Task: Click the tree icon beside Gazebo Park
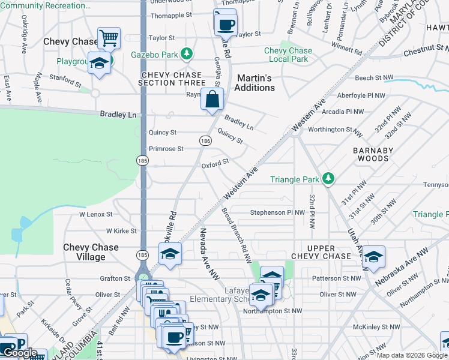[x=187, y=55]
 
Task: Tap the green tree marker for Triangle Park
[x=328, y=179]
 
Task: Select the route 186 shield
[x=205, y=140]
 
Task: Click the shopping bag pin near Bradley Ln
[x=212, y=100]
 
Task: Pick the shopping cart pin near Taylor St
[x=109, y=39]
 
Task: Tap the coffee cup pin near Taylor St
[x=226, y=25]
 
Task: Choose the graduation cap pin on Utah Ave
[x=373, y=257]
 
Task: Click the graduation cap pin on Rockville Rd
[x=170, y=254]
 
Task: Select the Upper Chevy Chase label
[x=321, y=252]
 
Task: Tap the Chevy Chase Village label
[x=92, y=252]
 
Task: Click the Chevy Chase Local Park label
[x=288, y=55]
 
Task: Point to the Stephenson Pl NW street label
[x=278, y=212]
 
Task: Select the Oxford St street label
[x=215, y=162]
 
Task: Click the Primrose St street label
[x=166, y=149]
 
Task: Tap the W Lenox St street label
[x=95, y=214]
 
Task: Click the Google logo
[x=20, y=353]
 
